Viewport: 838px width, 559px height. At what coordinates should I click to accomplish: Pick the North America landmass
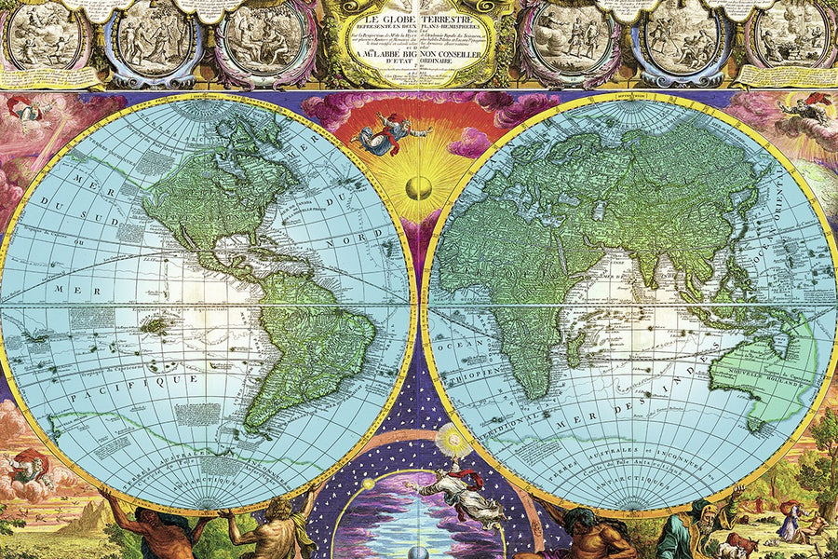pyautogui.click(x=214, y=196)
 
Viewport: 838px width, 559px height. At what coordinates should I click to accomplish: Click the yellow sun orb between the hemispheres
pyautogui.click(x=419, y=186)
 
